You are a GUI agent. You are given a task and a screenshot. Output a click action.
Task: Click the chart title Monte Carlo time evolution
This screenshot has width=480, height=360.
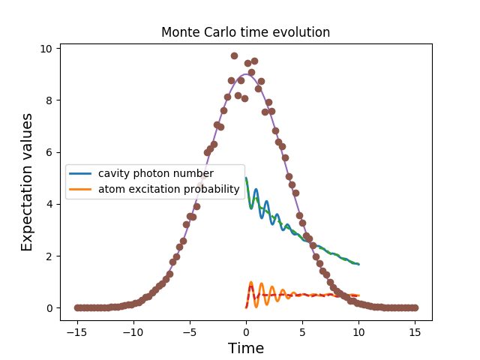click(245, 33)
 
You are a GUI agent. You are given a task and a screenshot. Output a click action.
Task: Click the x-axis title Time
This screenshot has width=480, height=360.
click(245, 348)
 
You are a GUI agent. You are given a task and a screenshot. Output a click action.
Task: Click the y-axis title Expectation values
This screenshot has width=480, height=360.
click(27, 182)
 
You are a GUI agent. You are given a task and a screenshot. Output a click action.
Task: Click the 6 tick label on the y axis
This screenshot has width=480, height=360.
click(49, 152)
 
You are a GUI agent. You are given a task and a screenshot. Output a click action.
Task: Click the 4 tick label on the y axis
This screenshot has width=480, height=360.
click(49, 204)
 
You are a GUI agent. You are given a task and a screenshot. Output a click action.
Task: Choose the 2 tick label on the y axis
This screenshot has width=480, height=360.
click(49, 256)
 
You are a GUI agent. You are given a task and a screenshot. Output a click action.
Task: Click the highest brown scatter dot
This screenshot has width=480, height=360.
click(234, 56)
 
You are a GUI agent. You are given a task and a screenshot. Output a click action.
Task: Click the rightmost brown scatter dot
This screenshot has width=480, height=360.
click(414, 307)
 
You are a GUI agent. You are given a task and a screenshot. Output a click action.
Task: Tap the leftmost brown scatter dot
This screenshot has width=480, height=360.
click(77, 307)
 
